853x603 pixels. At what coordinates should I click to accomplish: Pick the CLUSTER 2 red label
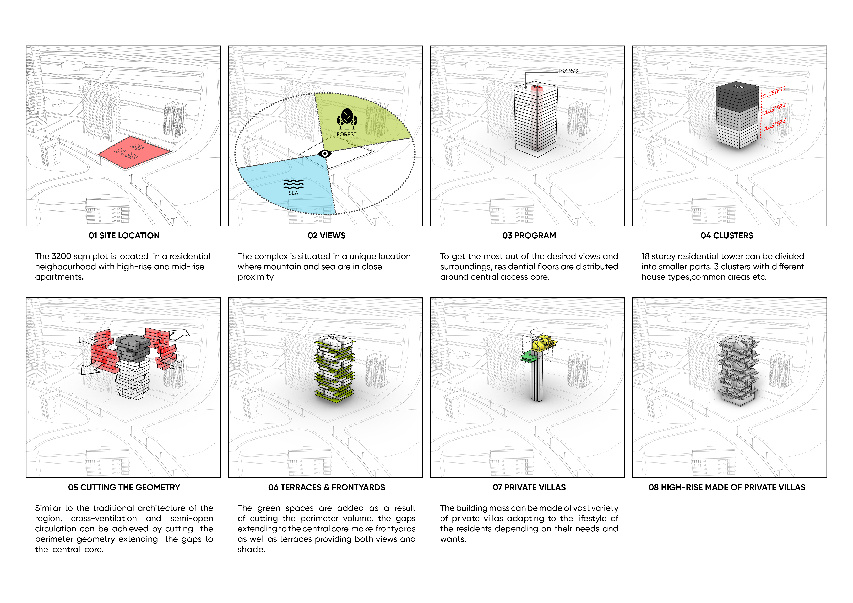point(774,109)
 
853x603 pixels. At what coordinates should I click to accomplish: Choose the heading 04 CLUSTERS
point(727,235)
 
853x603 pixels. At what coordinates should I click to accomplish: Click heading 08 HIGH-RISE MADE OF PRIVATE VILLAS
point(727,487)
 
